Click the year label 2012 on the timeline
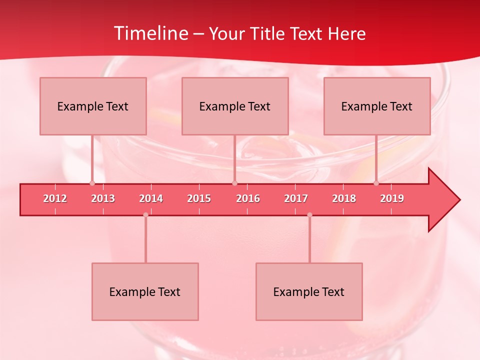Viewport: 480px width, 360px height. click(x=55, y=198)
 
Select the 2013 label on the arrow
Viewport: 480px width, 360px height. click(x=103, y=198)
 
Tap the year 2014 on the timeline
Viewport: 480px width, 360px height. click(x=151, y=198)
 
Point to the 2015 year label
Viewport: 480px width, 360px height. click(x=199, y=198)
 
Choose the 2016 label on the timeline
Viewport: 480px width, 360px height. click(x=248, y=198)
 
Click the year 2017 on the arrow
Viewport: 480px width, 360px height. click(x=296, y=198)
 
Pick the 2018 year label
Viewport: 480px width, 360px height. click(x=344, y=198)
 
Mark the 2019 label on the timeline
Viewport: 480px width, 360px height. click(x=392, y=198)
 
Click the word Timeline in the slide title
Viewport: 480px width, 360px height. click(x=150, y=33)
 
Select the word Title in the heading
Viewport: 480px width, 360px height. click(x=269, y=33)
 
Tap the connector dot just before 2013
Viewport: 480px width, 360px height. click(x=92, y=183)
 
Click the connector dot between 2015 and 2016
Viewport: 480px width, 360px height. click(x=234, y=183)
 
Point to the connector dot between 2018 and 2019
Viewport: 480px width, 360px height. click(x=376, y=183)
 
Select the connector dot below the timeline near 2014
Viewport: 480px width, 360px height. click(x=145, y=215)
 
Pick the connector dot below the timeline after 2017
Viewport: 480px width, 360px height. click(x=309, y=215)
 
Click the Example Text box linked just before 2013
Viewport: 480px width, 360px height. click(x=93, y=106)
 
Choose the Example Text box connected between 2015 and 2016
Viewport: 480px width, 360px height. click(x=235, y=106)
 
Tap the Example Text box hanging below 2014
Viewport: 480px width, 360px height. click(x=145, y=291)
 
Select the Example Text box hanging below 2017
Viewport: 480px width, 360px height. click(x=309, y=291)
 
